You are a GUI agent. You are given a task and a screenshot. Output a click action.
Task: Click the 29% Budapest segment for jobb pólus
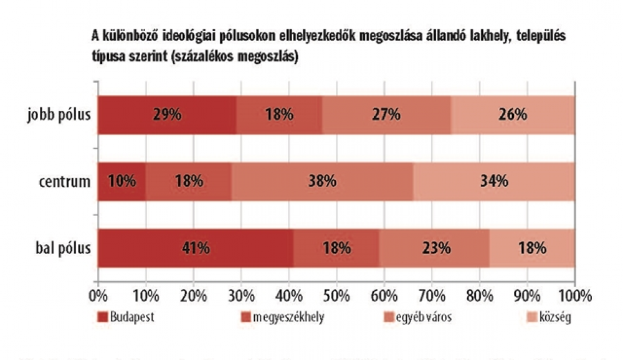tap(167, 115)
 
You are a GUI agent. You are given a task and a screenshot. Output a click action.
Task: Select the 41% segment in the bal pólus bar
tap(196, 247)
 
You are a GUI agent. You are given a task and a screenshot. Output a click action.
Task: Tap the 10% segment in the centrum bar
tap(122, 181)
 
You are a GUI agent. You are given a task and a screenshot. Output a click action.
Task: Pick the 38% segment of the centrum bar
tap(321, 181)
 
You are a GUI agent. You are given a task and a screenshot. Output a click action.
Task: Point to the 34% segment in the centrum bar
tap(493, 181)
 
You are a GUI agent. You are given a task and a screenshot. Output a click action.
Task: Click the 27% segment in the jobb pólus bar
tap(386, 115)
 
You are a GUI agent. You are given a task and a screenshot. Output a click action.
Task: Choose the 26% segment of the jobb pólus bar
tap(512, 115)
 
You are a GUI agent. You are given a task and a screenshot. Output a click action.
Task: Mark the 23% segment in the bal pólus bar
tap(434, 247)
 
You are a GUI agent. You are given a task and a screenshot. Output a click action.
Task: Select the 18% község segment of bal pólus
tap(531, 247)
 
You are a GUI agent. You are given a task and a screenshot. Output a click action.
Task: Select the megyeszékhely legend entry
tap(283, 316)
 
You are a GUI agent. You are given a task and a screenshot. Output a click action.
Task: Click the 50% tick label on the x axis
tap(336, 293)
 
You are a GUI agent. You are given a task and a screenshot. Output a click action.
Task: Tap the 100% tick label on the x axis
tap(574, 293)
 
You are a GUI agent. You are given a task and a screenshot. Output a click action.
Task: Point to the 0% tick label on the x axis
tap(98, 293)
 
